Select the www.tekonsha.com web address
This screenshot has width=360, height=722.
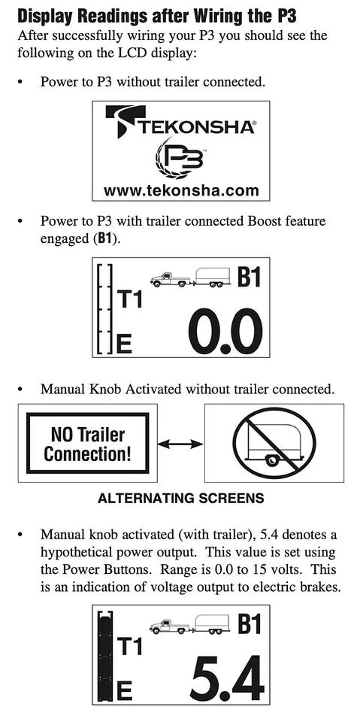(181, 190)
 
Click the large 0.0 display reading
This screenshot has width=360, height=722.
(225, 331)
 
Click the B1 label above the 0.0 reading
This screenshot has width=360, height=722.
(249, 277)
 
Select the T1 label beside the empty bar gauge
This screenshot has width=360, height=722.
(130, 299)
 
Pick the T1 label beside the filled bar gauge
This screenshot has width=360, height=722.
(130, 646)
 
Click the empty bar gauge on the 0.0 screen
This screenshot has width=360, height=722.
(105, 309)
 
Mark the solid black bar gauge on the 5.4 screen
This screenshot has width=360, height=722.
(105, 655)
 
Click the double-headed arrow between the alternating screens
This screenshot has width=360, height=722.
(180, 444)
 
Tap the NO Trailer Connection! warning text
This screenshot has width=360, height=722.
(87, 444)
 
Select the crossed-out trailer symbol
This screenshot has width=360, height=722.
(274, 442)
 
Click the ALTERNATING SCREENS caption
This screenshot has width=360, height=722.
(181, 498)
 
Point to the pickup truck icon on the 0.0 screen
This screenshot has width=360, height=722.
(170, 279)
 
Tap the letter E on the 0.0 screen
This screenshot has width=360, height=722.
(124, 344)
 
